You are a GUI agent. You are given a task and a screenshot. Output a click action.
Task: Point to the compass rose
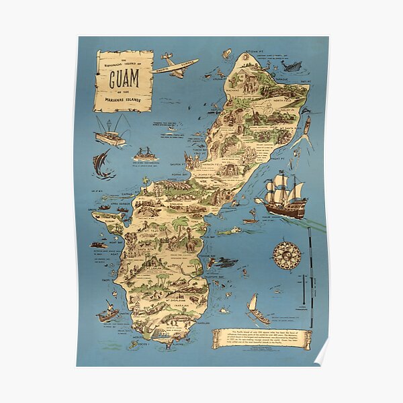286,255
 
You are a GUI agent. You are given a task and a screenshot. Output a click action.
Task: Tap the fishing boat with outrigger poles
109,132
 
